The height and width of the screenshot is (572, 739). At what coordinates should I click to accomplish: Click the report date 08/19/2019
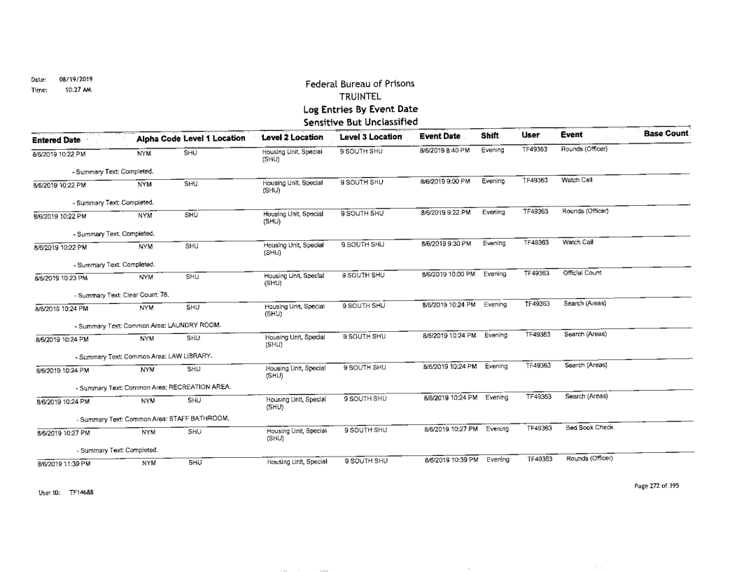(73, 79)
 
